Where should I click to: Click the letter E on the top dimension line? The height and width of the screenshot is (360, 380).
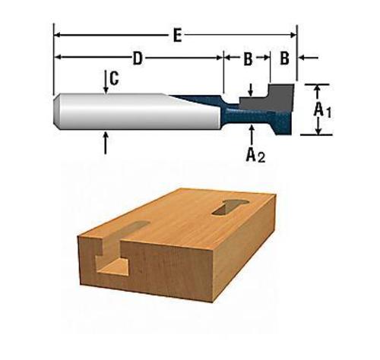(x=176, y=35)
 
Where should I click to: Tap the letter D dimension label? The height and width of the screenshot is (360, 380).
(x=138, y=58)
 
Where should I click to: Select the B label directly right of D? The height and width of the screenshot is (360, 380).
(x=247, y=58)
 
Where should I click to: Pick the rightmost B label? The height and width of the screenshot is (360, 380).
(x=283, y=58)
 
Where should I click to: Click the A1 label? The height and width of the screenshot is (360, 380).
(x=324, y=110)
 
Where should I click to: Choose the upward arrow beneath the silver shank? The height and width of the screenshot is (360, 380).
(x=105, y=141)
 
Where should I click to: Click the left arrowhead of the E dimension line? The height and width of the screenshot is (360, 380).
(x=58, y=35)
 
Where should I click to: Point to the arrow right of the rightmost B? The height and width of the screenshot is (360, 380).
(x=308, y=58)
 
